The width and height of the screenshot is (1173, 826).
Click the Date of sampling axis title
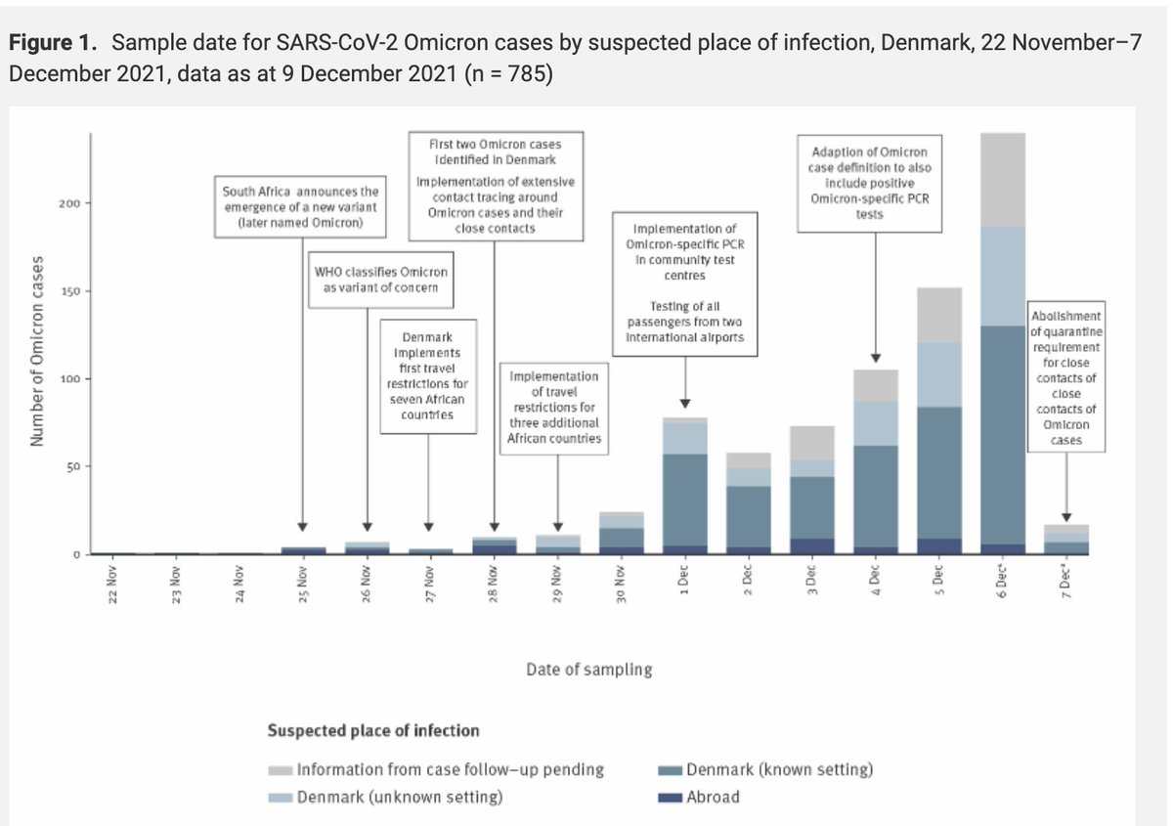click(588, 671)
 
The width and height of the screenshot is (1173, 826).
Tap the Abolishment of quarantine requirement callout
click(1066, 376)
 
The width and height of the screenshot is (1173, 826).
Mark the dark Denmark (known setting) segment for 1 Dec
click(684, 499)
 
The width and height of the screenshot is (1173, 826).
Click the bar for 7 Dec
click(1065, 539)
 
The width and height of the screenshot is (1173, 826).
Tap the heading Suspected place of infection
click(373, 730)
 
